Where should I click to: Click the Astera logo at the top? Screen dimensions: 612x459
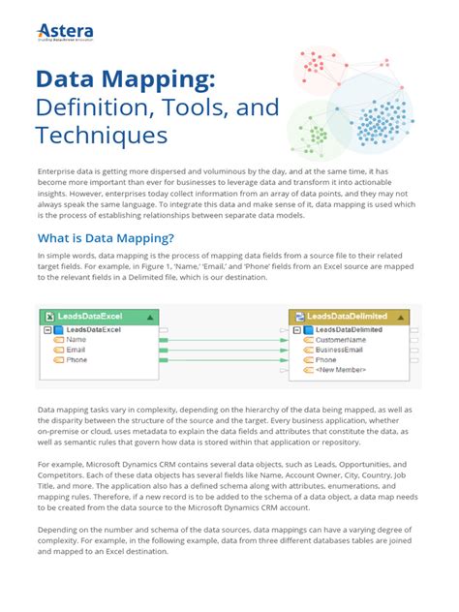pyautogui.click(x=67, y=36)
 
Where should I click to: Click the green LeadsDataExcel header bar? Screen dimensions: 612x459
pyautogui.click(x=97, y=317)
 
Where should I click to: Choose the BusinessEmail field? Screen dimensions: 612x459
pyautogui.click(x=344, y=351)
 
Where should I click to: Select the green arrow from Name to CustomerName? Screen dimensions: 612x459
pyautogui.click(x=223, y=341)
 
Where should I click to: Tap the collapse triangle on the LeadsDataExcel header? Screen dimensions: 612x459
pyautogui.click(x=150, y=317)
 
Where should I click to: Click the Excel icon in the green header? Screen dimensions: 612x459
pyautogui.click(x=46, y=317)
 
